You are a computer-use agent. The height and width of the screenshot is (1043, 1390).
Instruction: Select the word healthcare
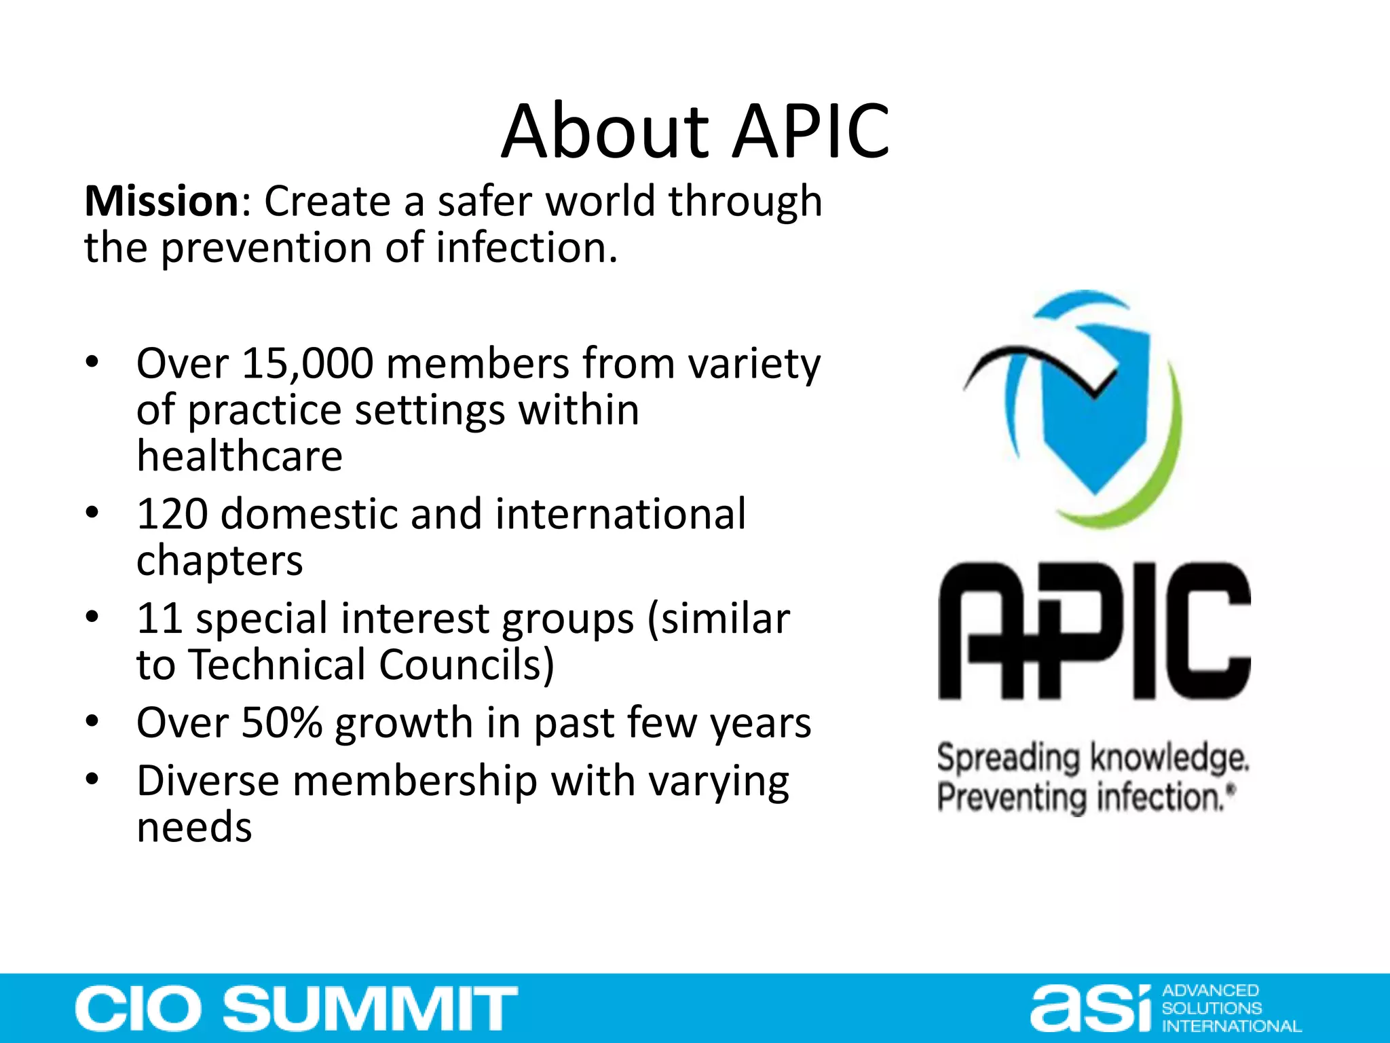click(x=240, y=456)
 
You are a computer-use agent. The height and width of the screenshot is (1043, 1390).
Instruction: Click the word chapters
click(x=219, y=561)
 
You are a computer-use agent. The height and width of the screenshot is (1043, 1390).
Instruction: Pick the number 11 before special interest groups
click(x=159, y=619)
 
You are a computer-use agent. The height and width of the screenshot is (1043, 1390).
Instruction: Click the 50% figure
click(x=281, y=722)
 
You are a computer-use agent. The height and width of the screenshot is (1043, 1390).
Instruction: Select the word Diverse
click(x=207, y=781)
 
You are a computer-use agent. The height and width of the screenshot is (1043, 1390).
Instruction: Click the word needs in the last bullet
click(x=194, y=828)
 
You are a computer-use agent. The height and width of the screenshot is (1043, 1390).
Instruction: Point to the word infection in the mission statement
click(x=527, y=248)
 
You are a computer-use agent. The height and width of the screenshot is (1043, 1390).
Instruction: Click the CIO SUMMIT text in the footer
click(x=297, y=1008)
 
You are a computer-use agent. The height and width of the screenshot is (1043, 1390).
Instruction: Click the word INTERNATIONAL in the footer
click(x=1231, y=1026)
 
